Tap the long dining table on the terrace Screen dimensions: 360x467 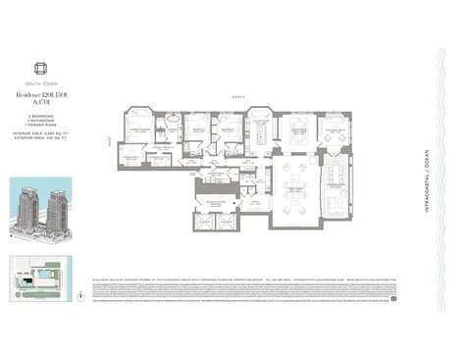pyautogui.click(x=335, y=184)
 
